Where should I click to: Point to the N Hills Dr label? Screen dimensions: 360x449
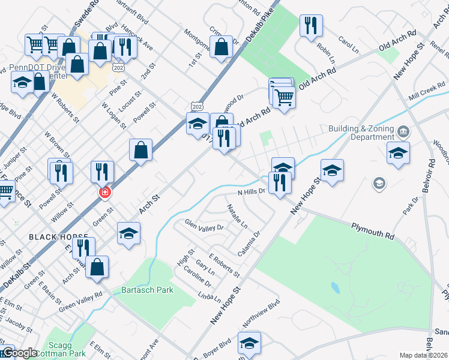pyautogui.click(x=251, y=192)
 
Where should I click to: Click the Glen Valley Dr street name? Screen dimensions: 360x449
pyautogui.click(x=204, y=227)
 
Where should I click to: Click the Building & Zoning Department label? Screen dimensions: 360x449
pyautogui.click(x=361, y=133)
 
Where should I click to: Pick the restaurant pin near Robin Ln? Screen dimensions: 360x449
pyautogui.click(x=310, y=26)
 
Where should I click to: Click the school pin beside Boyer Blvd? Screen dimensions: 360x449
pyautogui.click(x=249, y=343)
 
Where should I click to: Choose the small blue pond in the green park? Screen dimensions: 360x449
pyautogui.click(x=334, y=288)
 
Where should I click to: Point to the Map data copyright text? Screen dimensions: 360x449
pyautogui.click(x=423, y=355)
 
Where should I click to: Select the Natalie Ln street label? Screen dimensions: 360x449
pyautogui.click(x=237, y=216)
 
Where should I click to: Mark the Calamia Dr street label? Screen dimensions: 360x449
pyautogui.click(x=249, y=244)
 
